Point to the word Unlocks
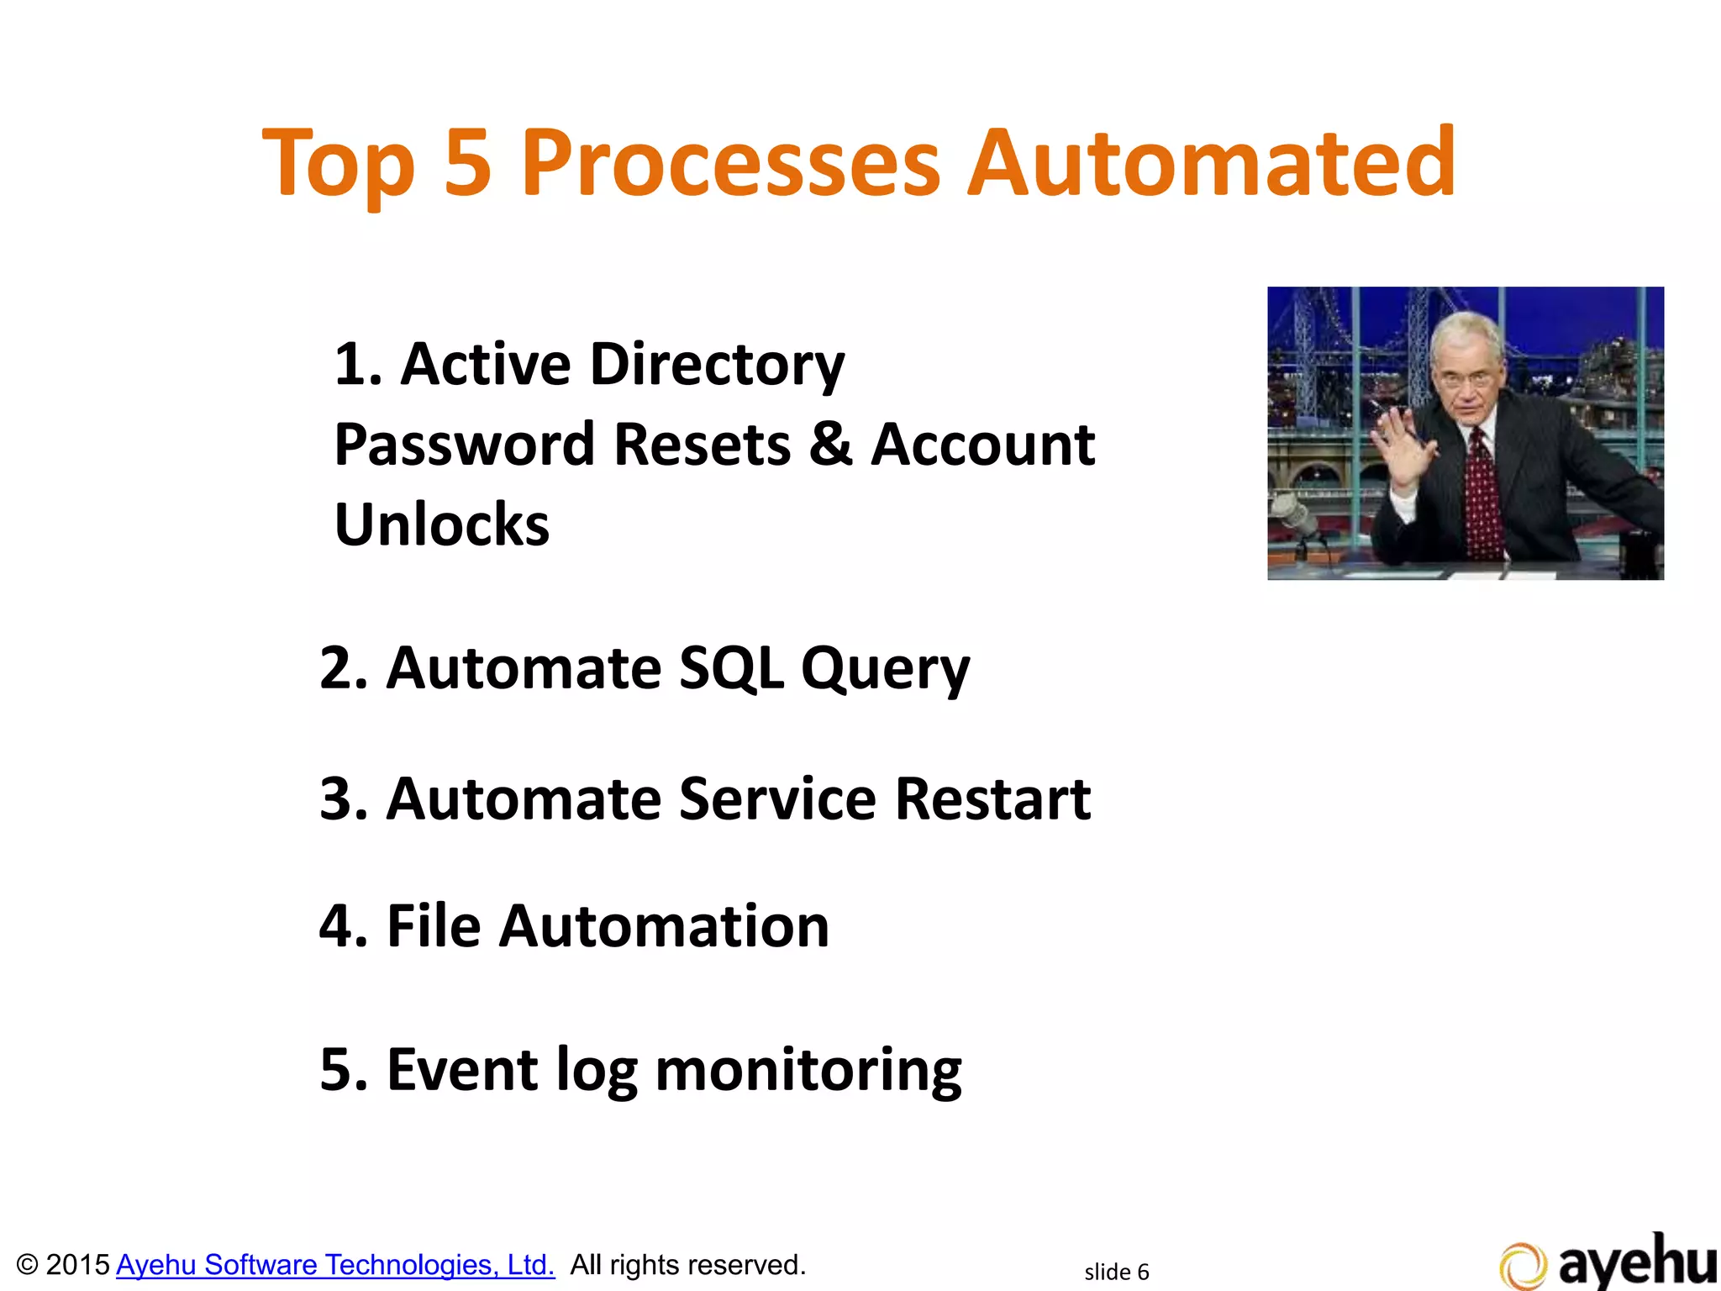coord(442,524)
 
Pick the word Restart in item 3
coord(992,798)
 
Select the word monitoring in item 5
coord(808,1071)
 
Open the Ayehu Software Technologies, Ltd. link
coord(335,1265)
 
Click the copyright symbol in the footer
coord(27,1265)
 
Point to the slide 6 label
coord(1116,1272)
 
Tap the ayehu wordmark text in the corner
coord(1637,1261)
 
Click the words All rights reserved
coord(687,1265)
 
